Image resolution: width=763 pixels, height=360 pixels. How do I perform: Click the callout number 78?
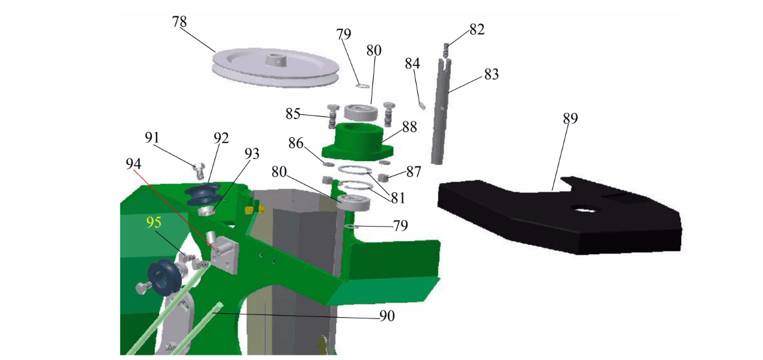pyautogui.click(x=179, y=21)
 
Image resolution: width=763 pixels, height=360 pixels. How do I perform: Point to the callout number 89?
pyautogui.click(x=570, y=118)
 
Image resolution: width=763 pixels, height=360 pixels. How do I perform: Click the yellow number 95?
pyautogui.click(x=154, y=222)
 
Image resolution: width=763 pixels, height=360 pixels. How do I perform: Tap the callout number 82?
pyautogui.click(x=477, y=30)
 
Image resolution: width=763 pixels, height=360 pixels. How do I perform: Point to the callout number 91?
pyautogui.click(x=152, y=138)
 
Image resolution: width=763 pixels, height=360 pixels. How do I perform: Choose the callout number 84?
pyautogui.click(x=413, y=63)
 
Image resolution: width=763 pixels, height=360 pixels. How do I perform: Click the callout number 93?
pyautogui.click(x=252, y=153)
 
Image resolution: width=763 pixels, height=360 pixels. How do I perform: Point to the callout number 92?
pyautogui.click(x=221, y=138)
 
